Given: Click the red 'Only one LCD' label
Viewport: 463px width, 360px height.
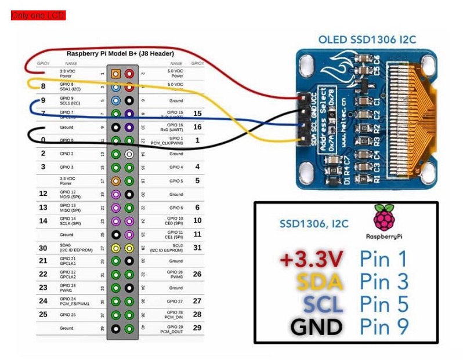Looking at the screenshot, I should (x=38, y=16).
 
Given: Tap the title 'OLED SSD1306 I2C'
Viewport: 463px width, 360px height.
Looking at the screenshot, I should (x=367, y=40).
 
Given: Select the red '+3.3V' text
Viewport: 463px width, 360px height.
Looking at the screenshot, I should (x=310, y=259).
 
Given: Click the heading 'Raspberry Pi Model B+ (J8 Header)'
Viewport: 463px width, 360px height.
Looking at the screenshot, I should (x=120, y=53).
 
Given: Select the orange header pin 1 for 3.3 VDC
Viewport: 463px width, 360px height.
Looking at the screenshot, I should (x=116, y=74).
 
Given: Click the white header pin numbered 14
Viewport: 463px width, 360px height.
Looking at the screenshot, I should (x=129, y=154).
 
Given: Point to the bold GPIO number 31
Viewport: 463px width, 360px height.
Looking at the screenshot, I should (x=197, y=248).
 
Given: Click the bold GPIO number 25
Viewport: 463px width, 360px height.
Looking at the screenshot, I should (x=43, y=314).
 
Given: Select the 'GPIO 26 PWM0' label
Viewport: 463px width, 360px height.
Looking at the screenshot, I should (x=175, y=275).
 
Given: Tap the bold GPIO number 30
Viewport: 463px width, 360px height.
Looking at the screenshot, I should (x=43, y=248).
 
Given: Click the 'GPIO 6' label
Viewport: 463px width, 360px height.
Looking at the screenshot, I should (x=176, y=208).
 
